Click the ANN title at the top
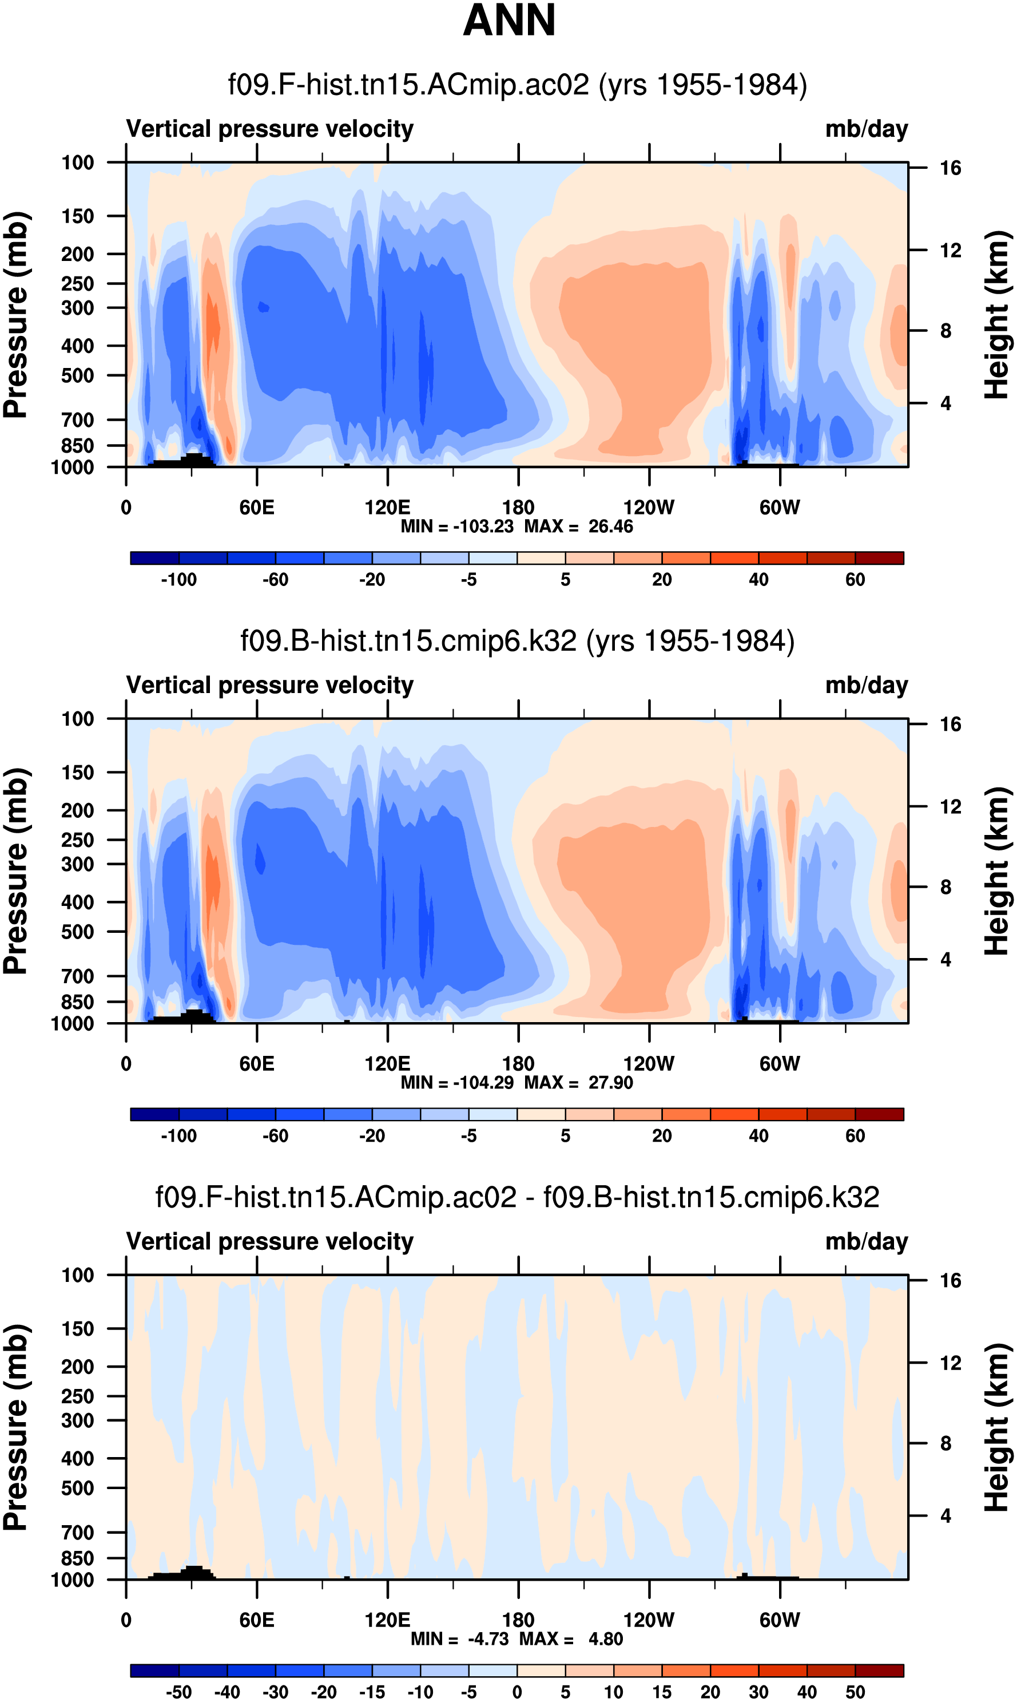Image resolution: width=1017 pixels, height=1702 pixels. (x=508, y=21)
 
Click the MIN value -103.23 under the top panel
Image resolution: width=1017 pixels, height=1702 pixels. (x=483, y=527)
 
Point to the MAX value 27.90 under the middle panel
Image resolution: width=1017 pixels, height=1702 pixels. (x=610, y=1082)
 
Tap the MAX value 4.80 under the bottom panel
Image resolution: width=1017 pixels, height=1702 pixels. (x=605, y=1639)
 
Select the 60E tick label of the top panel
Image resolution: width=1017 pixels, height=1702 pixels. (x=257, y=508)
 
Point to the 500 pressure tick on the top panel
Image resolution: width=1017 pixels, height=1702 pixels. (x=77, y=375)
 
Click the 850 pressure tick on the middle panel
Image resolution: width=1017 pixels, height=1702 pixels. (x=77, y=1002)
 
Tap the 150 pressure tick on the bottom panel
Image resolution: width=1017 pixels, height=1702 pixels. (x=77, y=1329)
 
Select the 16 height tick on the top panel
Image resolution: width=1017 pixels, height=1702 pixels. (x=951, y=168)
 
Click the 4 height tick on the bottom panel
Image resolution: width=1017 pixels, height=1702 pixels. (x=946, y=1515)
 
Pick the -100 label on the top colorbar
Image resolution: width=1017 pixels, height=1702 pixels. (x=179, y=580)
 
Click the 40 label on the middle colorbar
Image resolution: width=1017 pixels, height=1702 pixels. (x=758, y=1136)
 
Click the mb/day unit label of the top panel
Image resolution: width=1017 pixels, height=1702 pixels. (x=866, y=129)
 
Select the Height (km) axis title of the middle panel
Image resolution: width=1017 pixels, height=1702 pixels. (x=997, y=871)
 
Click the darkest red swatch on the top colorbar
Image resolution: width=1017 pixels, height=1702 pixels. (x=879, y=558)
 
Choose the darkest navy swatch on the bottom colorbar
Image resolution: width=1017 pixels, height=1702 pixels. (x=155, y=1671)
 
